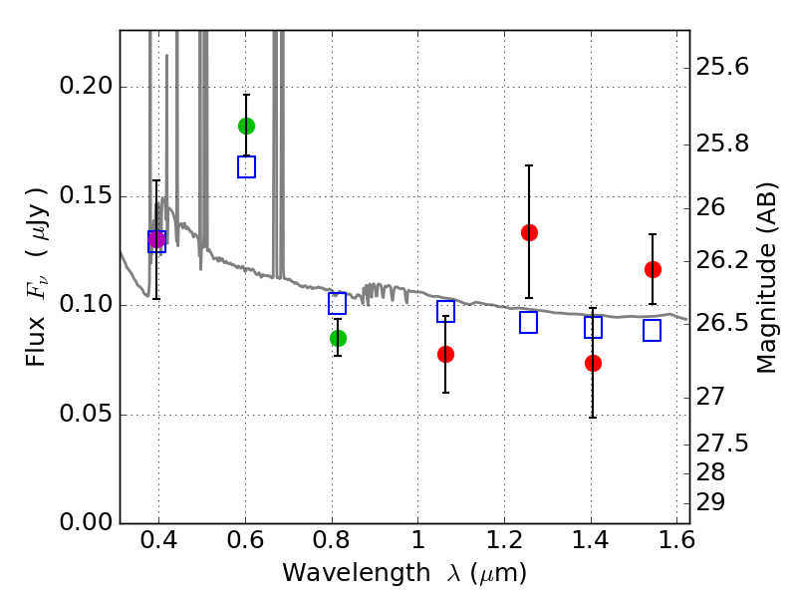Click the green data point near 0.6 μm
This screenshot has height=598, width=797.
(246, 126)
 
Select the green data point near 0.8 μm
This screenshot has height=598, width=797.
(338, 338)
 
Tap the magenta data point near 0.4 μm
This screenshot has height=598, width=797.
(156, 239)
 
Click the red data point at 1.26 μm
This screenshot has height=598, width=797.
(529, 232)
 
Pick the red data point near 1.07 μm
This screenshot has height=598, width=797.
(445, 354)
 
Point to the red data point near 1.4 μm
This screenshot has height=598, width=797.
(593, 363)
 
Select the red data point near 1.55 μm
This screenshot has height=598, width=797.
(653, 269)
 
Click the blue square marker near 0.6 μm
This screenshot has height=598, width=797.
(246, 167)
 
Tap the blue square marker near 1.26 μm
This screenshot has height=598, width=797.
(529, 322)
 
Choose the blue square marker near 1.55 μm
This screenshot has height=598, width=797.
(653, 331)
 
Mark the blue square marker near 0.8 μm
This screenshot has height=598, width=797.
(338, 304)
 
